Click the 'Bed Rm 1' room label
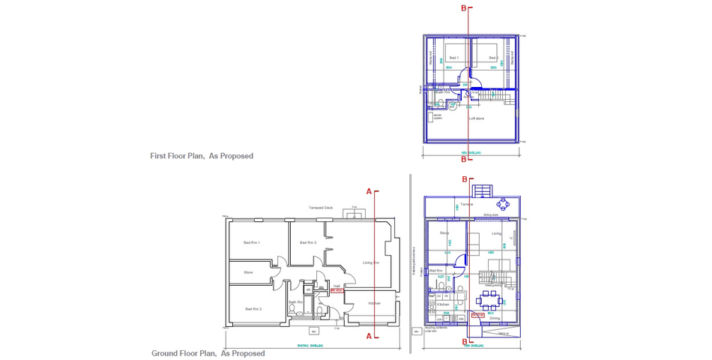252,242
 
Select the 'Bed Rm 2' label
252,309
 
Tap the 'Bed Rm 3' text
307,242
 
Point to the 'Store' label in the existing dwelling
248,272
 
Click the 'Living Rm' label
372,262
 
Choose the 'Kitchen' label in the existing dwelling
374,303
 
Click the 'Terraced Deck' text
320,207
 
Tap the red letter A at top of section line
369,191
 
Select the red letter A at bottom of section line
369,337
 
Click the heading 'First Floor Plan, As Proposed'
202,156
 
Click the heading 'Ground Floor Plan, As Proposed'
208,353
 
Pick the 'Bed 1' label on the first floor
453,58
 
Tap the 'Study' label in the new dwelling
444,233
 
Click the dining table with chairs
491,304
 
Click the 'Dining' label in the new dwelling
495,318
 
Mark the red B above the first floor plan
464,7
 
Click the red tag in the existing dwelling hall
337,289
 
